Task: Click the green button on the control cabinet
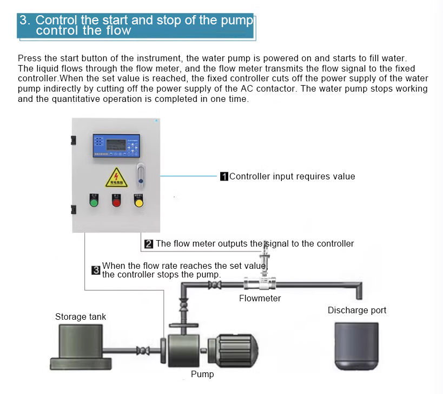pyautogui.click(x=94, y=203)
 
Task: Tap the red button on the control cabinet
pyautogui.click(x=116, y=203)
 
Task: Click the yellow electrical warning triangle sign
pyautogui.click(x=116, y=178)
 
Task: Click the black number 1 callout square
pyautogui.click(x=224, y=176)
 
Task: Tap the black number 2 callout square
pyautogui.click(x=149, y=244)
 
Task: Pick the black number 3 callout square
pyautogui.click(x=96, y=270)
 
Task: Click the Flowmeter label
pyautogui.click(x=260, y=298)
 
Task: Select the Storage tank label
pyautogui.click(x=81, y=317)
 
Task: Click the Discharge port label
pyautogui.click(x=357, y=310)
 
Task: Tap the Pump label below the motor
pyautogui.click(x=202, y=374)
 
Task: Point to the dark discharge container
pyautogui.click(x=356, y=345)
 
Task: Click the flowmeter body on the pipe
pyautogui.click(x=260, y=283)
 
